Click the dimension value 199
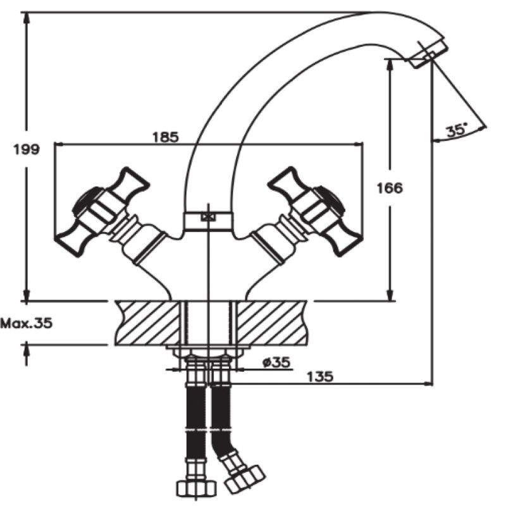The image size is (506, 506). click(x=26, y=150)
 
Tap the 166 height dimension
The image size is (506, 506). click(x=390, y=188)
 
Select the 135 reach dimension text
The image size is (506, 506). click(x=319, y=377)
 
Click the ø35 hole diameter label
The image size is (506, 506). click(x=276, y=362)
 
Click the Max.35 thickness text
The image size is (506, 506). click(x=26, y=323)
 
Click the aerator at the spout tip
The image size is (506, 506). click(x=426, y=54)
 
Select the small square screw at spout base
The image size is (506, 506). click(x=207, y=217)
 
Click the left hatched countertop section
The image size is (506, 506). click(x=148, y=323)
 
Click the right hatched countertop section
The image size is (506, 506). click(x=272, y=323)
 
